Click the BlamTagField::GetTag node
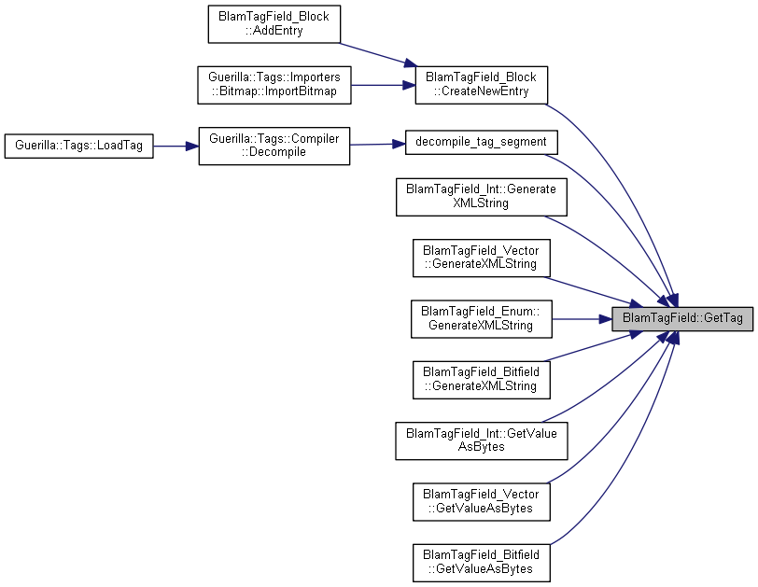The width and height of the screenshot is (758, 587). point(682,319)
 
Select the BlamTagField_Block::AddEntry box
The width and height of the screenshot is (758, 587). point(274,24)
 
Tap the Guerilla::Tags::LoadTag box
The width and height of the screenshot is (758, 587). point(78,146)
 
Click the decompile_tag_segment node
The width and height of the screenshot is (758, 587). point(481,143)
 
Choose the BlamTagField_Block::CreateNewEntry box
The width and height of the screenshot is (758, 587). point(481,85)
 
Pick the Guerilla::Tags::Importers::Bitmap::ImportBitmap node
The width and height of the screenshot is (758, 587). point(274,85)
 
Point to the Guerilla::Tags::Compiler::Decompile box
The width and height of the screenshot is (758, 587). point(274,146)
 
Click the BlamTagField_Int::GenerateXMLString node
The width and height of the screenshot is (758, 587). point(481,197)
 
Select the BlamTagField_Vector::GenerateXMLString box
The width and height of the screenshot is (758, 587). point(481,258)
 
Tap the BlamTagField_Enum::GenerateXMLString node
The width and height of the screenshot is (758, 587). point(481,319)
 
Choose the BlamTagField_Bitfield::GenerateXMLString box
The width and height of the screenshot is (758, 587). point(481,380)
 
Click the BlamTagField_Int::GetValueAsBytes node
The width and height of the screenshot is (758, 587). point(481,440)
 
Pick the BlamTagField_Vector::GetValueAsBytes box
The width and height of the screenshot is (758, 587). point(481,501)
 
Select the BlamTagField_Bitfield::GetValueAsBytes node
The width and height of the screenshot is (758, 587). point(481,563)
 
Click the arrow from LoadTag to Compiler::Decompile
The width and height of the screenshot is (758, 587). point(175,146)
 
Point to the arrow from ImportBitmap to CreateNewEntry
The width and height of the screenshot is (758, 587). point(383,85)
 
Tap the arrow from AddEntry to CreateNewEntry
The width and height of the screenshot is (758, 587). point(378,54)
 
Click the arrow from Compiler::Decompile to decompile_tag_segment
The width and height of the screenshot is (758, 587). point(377,144)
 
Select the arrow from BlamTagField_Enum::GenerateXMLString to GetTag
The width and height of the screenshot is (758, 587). point(583,319)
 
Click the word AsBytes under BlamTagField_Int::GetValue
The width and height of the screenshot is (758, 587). point(481,447)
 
